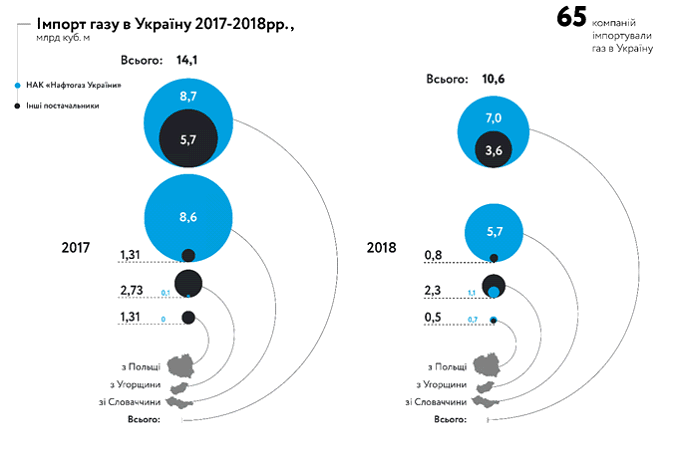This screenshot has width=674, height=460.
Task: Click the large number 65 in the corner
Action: pos(571,18)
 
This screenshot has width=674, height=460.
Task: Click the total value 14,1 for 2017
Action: pos(188,60)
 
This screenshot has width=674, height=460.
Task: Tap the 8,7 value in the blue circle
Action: pos(189,97)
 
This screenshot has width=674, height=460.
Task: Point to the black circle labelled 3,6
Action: pos(493,150)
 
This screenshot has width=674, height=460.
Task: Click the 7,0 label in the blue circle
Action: pos(493,118)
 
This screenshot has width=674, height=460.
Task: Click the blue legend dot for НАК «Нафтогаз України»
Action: pos(19,85)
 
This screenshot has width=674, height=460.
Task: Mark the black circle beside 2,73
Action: pos(189,283)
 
